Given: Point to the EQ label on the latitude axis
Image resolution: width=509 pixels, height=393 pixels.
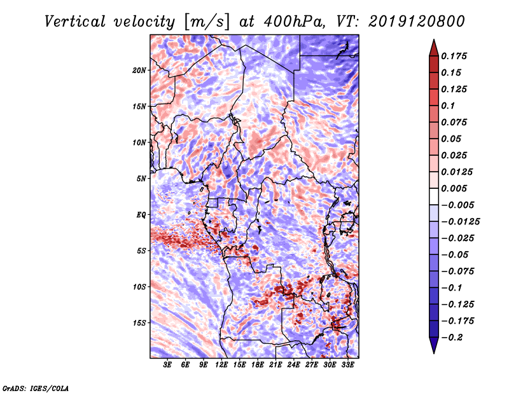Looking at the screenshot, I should pos(141,215).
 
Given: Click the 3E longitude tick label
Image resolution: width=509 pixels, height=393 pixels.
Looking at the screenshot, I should pos(167,365).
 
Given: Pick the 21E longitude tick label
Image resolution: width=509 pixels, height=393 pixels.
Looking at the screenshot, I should pos(276,365).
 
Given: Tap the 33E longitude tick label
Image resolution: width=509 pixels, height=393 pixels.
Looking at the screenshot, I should pos(348,365).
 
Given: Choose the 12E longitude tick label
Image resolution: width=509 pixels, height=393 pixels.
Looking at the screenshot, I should pos(221,365).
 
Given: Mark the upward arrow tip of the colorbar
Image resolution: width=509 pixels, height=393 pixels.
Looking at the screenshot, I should pos(433,41).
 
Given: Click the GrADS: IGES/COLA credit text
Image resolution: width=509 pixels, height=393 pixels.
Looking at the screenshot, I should pos(36,387).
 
